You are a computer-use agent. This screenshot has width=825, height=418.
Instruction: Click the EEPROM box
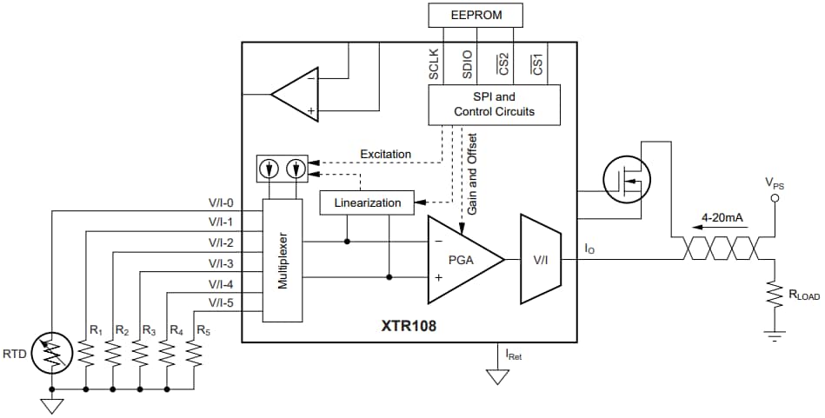(x=476, y=16)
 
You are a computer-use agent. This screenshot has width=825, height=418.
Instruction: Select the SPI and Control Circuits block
(x=494, y=105)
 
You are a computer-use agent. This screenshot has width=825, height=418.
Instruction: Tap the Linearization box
(x=367, y=202)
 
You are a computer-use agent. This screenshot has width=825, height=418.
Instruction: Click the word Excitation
(x=385, y=154)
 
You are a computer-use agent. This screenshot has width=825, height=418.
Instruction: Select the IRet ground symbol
(x=497, y=376)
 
